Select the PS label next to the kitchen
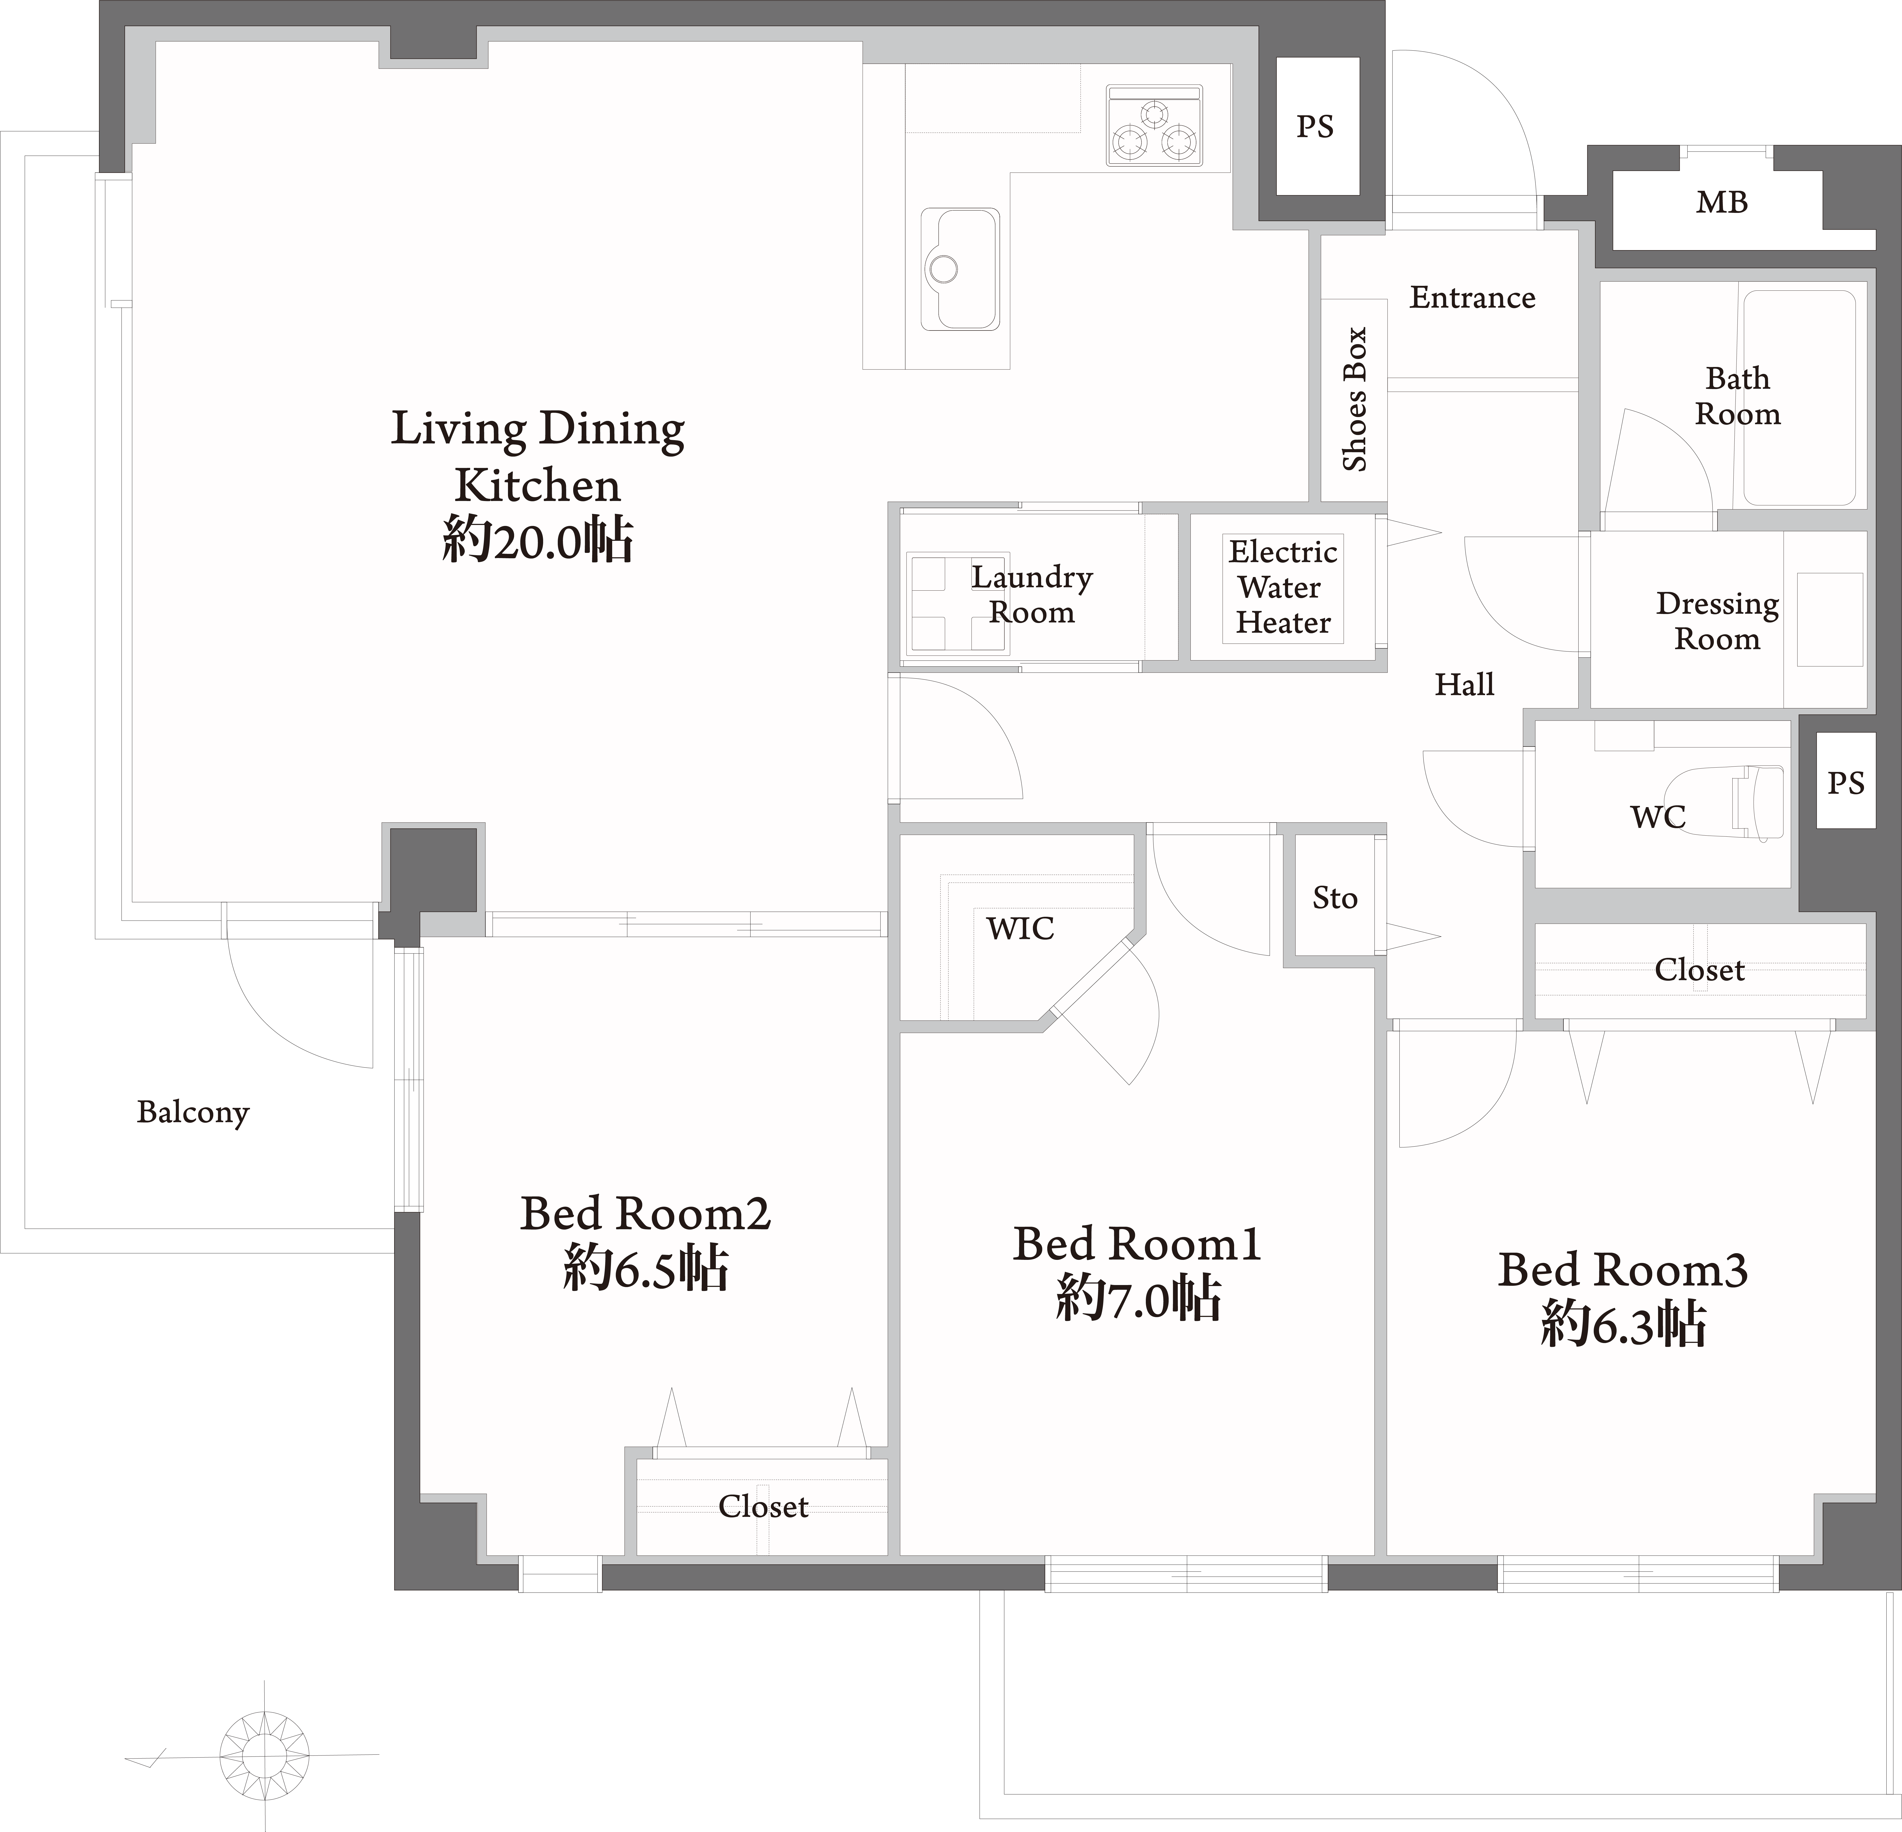tap(1315, 126)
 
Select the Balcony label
tap(193, 1112)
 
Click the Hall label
tap(1464, 684)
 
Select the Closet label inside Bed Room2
tap(763, 1506)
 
